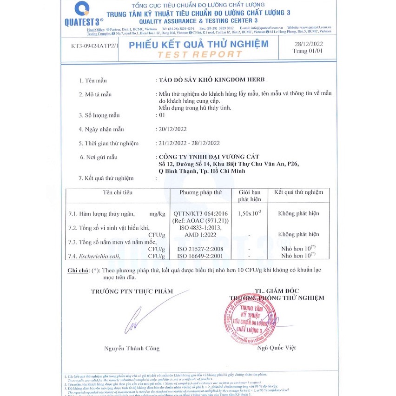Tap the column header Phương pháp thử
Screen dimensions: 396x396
201,192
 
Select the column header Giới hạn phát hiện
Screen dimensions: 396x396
249,196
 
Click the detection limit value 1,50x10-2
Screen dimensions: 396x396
249,213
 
